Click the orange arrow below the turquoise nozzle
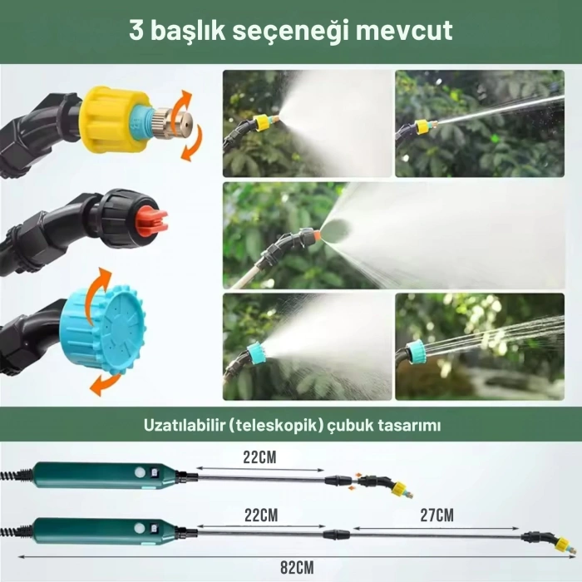tap(103, 382)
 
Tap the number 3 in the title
tap(137, 32)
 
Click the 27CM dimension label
tap(436, 515)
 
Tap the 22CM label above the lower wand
tap(260, 515)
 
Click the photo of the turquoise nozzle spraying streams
tap(480, 346)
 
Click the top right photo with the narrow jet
tap(480, 123)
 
